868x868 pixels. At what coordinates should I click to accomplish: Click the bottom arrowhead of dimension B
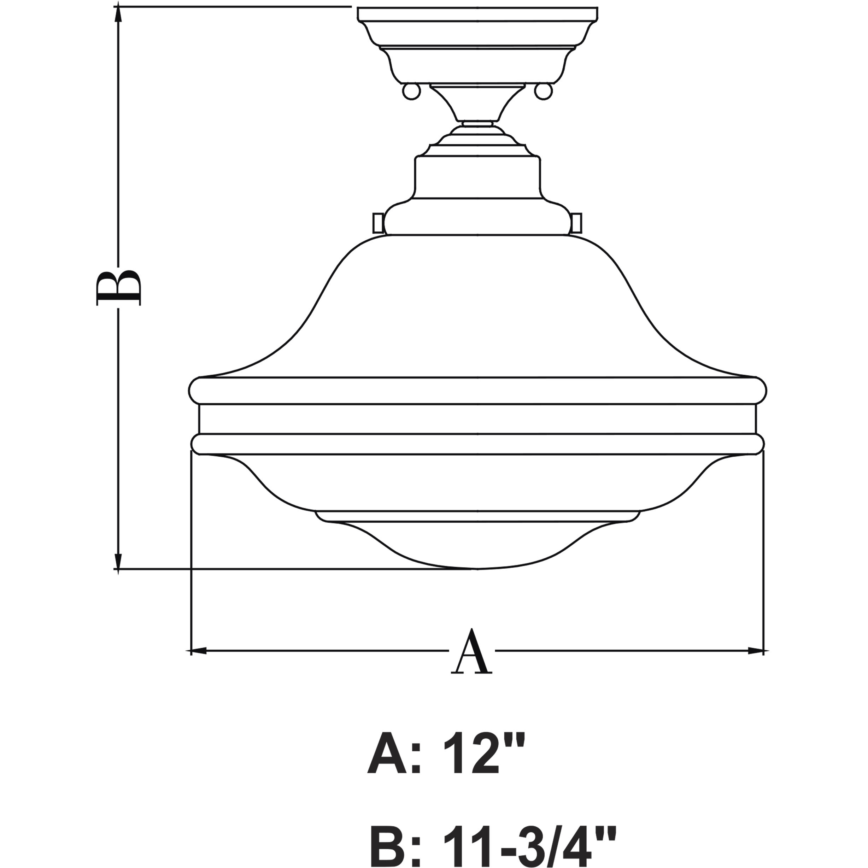point(118,562)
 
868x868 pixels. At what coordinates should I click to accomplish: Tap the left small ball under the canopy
point(411,91)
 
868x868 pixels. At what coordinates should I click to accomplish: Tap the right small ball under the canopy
point(544,91)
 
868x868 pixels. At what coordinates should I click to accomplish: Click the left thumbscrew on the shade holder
point(377,223)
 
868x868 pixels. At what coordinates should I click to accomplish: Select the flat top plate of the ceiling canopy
point(477,13)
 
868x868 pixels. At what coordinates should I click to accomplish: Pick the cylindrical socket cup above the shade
point(477,180)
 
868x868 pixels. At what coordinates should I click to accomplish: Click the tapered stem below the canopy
point(477,103)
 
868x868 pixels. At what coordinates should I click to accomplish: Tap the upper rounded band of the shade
point(477,391)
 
